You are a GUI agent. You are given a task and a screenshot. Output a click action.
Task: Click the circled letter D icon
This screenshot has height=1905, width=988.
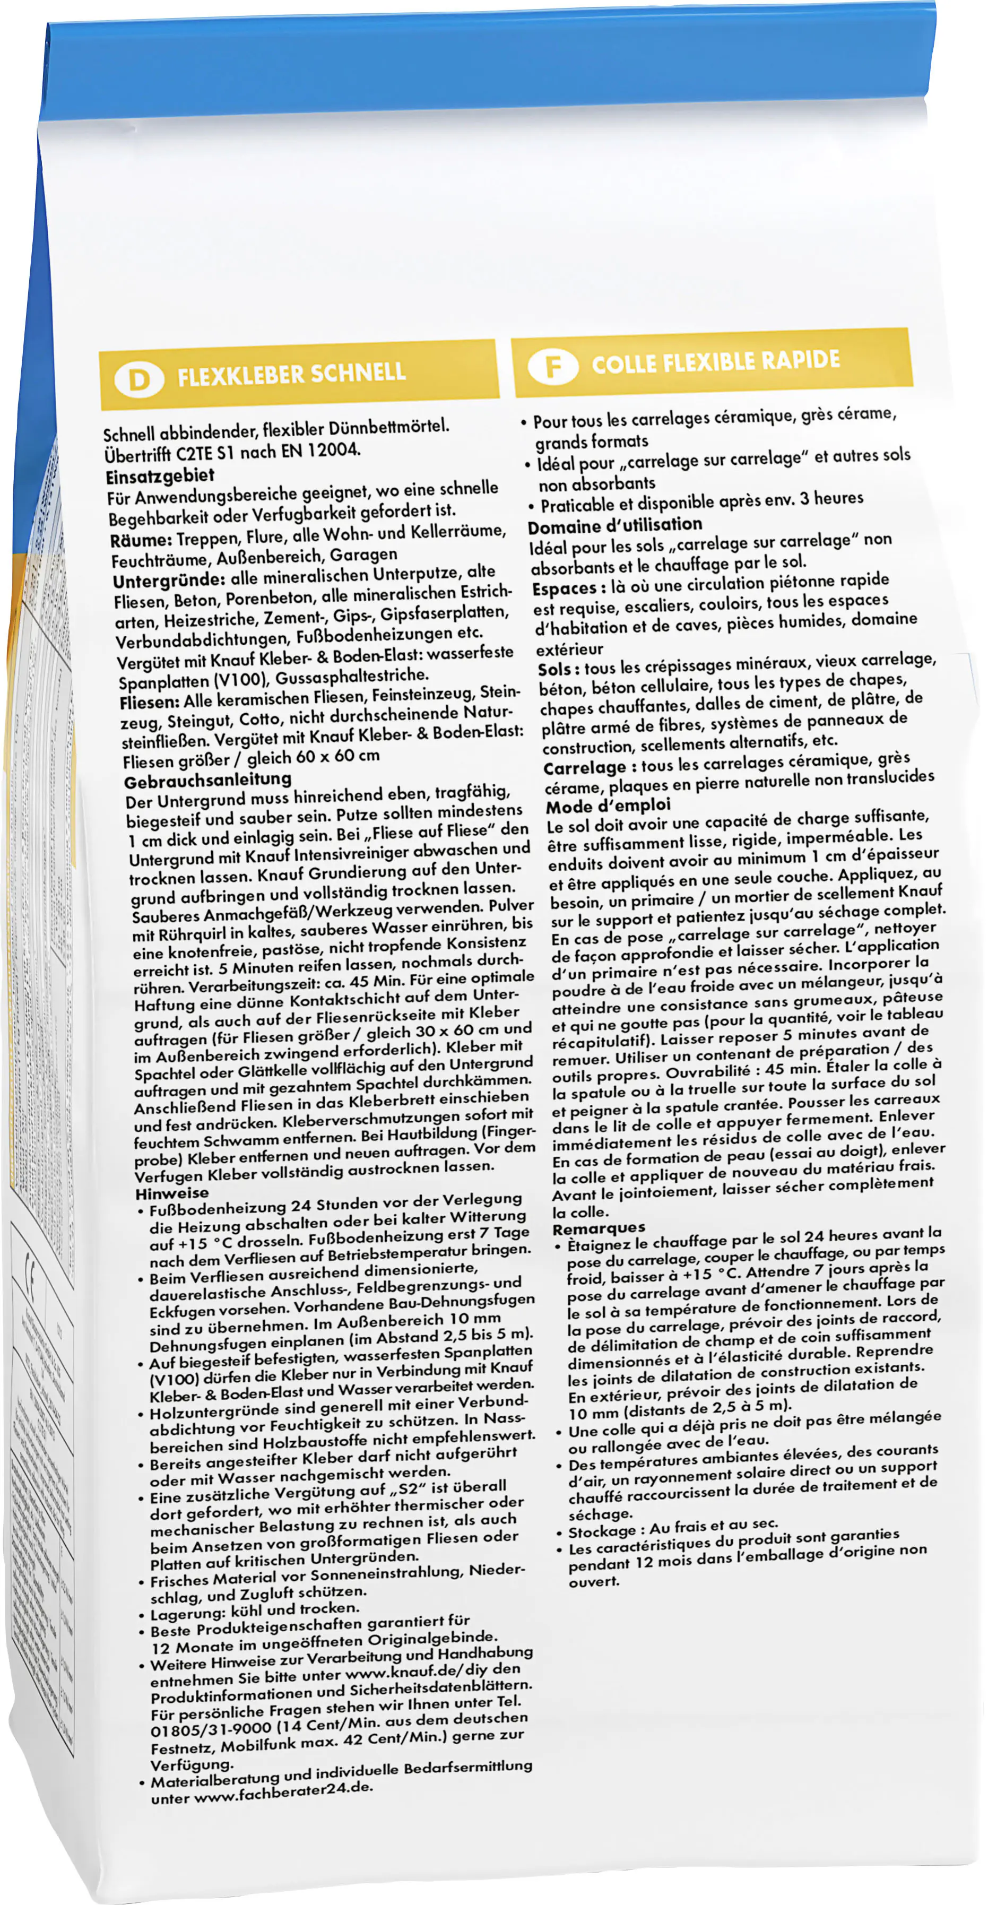(x=138, y=379)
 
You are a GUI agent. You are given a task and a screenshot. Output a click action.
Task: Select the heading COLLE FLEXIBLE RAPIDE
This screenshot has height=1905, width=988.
(x=715, y=361)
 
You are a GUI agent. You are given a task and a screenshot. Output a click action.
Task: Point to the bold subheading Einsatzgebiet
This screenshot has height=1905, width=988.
(x=160, y=475)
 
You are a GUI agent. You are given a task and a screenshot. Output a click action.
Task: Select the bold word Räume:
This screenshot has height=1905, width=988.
(x=141, y=540)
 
